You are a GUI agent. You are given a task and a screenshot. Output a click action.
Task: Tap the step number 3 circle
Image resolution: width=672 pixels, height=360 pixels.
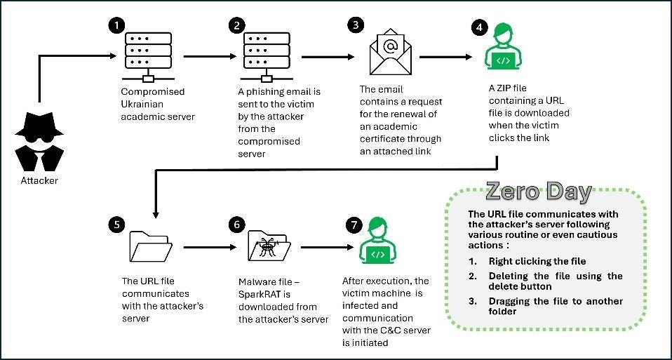point(356,25)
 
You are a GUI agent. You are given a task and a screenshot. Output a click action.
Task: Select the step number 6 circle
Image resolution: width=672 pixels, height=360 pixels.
point(236,225)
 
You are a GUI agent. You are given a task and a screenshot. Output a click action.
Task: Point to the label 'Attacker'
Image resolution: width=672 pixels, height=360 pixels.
point(39,180)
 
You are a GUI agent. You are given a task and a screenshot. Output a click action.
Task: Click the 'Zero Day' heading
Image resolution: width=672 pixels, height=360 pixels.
point(538,192)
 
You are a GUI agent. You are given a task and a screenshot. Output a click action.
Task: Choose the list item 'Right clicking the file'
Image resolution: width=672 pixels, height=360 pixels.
point(537,260)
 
